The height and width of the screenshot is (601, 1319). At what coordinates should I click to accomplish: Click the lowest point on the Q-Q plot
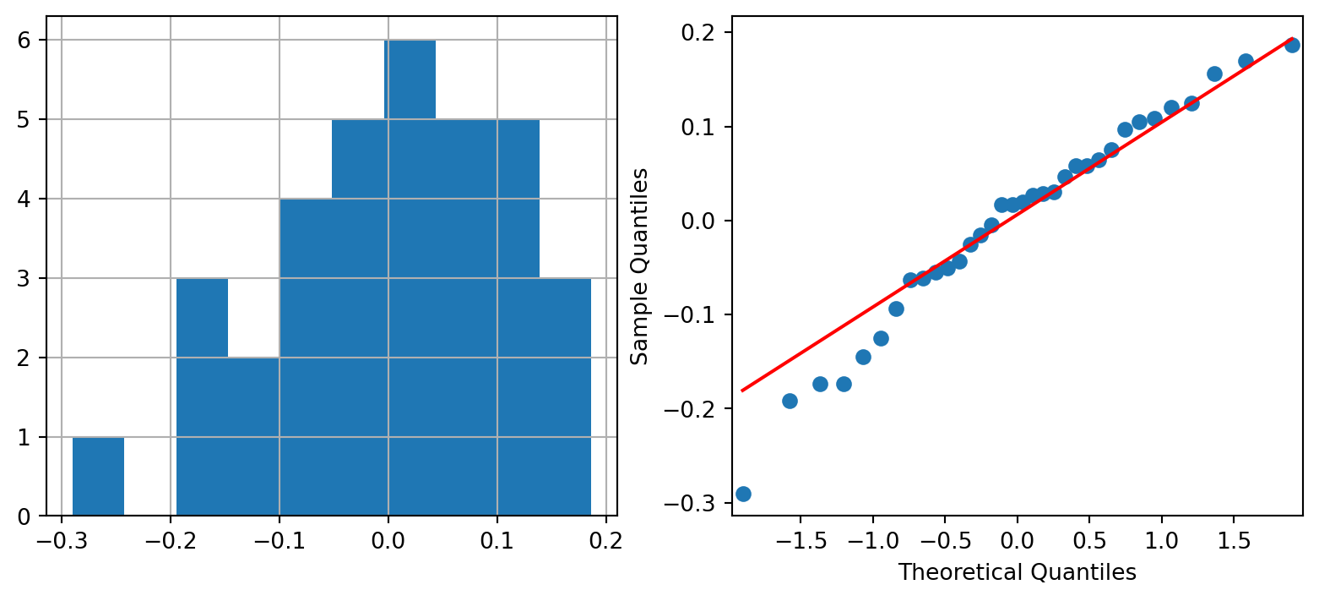(x=743, y=494)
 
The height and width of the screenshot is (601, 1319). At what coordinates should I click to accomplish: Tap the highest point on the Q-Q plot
(x=1292, y=45)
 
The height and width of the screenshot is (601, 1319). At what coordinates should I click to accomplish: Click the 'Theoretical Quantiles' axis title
(x=1017, y=573)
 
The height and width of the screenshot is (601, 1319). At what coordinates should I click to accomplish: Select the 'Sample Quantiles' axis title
(x=640, y=266)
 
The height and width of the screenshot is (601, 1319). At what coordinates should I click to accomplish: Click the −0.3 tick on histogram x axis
(x=62, y=536)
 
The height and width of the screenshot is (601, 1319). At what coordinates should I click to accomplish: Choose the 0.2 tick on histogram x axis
(x=605, y=536)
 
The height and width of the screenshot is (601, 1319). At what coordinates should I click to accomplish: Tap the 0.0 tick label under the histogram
(x=388, y=536)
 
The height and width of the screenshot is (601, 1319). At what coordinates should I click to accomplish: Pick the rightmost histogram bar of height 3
(x=565, y=397)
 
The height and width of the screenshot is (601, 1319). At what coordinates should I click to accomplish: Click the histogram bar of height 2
(x=253, y=436)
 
